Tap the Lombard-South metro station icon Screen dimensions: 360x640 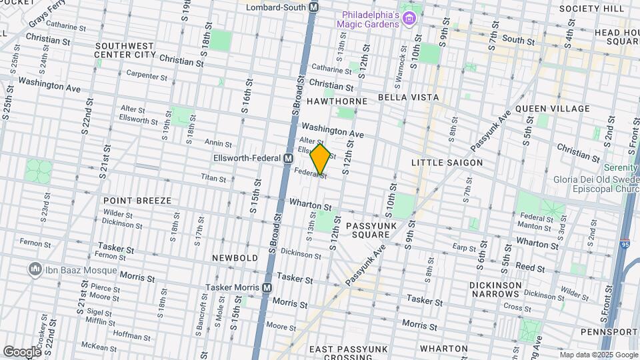point(315,7)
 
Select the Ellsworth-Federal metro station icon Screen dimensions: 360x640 point(289,159)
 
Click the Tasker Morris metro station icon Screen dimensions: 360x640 point(267,287)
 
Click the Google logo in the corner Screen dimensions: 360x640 point(22,351)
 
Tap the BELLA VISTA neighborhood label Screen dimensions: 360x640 point(408,97)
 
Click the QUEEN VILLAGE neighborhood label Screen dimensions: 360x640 point(553,109)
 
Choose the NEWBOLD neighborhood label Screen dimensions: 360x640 point(235,257)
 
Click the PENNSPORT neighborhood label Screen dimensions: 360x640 point(609,331)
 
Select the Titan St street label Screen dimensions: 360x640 point(214,177)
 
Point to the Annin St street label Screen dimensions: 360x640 point(218,143)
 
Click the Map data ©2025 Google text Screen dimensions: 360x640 point(598,355)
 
